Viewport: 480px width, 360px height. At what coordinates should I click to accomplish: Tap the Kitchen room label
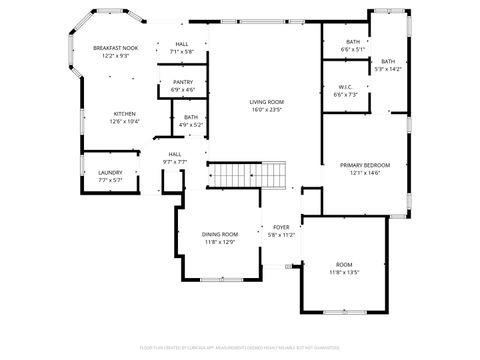coord(125,113)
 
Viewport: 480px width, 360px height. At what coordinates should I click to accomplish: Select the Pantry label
coord(183,82)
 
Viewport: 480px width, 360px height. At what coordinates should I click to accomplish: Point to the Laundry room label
coord(110,172)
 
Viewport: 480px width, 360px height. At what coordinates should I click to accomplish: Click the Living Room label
coord(267,102)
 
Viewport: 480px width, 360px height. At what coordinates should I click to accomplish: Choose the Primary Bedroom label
coord(365,165)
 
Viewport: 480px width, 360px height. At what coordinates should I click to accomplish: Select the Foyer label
coord(281,227)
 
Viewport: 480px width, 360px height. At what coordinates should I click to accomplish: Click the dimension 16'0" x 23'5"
coord(267,110)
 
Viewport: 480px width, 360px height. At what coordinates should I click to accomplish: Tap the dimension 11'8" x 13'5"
coord(344,272)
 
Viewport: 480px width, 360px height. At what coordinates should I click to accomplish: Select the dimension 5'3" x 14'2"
coord(387,69)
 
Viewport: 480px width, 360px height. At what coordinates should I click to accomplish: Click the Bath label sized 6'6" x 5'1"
coord(353,41)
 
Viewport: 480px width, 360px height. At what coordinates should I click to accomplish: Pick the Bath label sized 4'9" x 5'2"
coord(190,117)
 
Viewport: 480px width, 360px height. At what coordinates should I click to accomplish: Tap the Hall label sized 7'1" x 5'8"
coord(182,44)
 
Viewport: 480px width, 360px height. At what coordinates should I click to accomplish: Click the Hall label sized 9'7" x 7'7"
coord(175,153)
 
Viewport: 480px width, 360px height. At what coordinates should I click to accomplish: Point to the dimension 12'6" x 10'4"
coord(125,121)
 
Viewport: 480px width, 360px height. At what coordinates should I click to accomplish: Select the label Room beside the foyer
coord(344,264)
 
